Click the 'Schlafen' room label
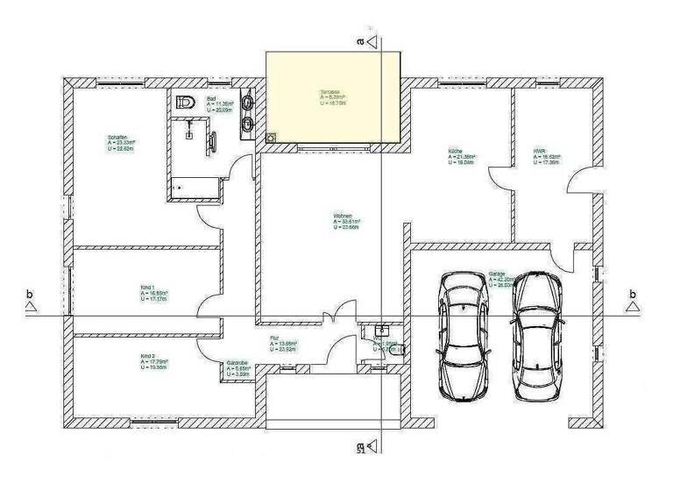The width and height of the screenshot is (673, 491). [x=118, y=137]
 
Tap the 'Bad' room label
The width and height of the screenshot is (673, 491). [x=211, y=99]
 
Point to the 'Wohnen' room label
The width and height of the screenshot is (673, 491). [x=343, y=216]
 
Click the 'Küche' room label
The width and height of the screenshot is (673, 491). [x=454, y=151]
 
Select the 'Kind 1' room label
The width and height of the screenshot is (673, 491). [x=147, y=288]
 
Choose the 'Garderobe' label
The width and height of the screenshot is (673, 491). [x=238, y=362]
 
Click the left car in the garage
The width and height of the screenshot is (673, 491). [x=464, y=334]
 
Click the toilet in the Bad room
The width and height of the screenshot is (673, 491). [x=183, y=103]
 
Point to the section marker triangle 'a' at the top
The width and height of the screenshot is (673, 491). [x=372, y=40]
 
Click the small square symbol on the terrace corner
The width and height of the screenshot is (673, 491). [x=272, y=138]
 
